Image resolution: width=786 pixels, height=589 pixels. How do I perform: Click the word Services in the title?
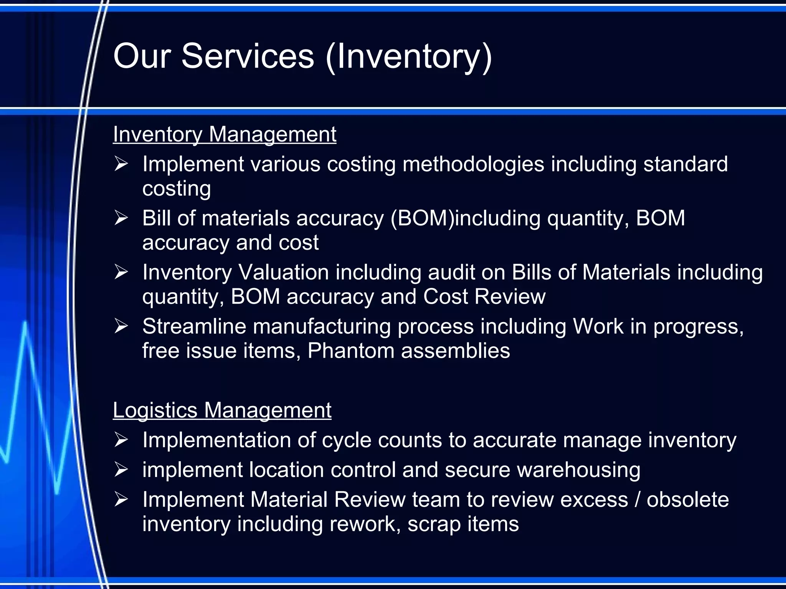click(248, 56)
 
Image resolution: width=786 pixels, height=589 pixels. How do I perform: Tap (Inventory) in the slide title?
click(409, 58)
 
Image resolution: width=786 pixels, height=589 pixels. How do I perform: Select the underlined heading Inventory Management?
click(225, 135)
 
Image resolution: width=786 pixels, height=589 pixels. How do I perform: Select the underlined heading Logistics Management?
click(222, 410)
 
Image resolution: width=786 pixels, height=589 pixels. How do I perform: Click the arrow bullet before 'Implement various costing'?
click(121, 164)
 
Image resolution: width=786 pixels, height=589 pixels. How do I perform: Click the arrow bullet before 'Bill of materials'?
click(121, 218)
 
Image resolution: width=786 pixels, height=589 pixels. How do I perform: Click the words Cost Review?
click(484, 297)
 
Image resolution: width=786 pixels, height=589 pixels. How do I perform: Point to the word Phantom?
click(350, 351)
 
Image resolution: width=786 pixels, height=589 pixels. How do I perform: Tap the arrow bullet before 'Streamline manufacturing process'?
click(121, 326)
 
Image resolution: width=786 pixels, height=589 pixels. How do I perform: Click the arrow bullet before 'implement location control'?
click(121, 470)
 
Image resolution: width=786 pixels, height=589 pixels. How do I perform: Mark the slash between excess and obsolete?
click(637, 500)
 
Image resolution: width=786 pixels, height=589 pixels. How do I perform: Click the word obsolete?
click(687, 500)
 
